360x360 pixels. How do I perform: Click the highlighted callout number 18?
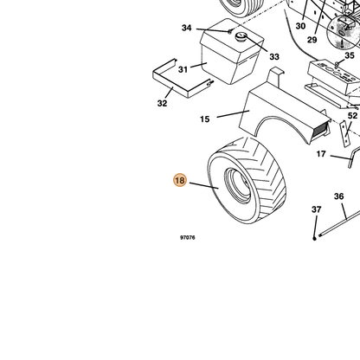click(180, 180)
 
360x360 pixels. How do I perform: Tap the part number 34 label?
click(187, 28)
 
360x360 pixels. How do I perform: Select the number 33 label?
click(274, 57)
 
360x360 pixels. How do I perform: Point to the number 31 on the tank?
click(183, 69)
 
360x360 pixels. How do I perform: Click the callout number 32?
click(162, 103)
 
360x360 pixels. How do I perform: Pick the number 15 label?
click(205, 119)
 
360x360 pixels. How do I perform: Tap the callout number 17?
click(321, 154)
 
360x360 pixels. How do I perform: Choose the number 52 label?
click(352, 116)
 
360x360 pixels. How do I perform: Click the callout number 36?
click(339, 196)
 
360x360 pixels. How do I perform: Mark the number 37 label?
click(317, 209)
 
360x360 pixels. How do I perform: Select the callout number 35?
click(350, 55)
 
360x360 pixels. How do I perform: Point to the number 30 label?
click(300, 26)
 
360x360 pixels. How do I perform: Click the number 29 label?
click(312, 40)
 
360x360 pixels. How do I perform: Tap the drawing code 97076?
click(188, 237)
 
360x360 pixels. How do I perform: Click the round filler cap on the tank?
click(241, 36)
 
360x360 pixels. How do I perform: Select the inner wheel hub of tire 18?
click(238, 185)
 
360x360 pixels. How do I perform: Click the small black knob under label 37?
click(314, 238)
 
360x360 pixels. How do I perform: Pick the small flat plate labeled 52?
click(344, 133)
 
